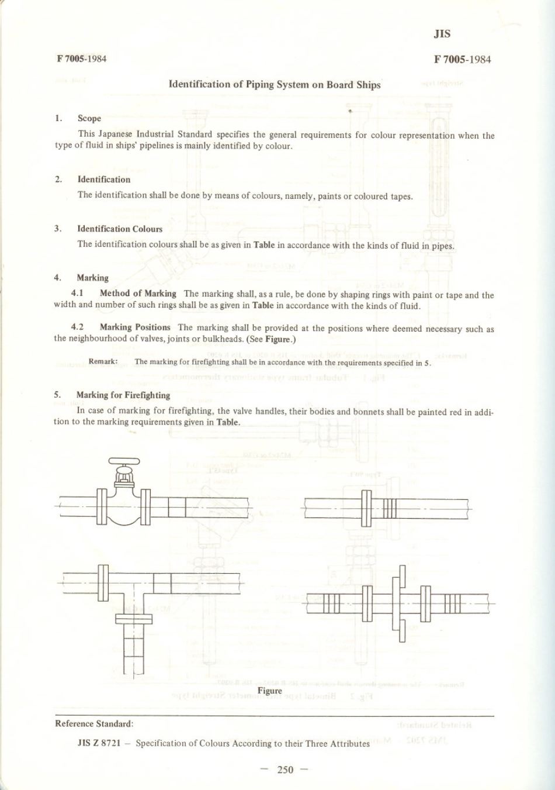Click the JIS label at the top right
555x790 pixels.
pos(442,34)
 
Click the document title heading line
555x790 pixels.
pos(275,84)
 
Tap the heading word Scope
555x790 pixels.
pos(89,118)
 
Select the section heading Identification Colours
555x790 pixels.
pos(120,229)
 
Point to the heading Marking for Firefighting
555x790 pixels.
pos(123,395)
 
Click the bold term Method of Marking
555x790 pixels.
pos(138,294)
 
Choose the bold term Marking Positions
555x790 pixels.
pos(135,327)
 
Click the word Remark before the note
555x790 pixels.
pos(103,361)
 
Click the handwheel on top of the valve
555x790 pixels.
pos(124,460)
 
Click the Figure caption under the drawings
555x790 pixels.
pos(270,691)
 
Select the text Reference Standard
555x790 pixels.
pos(94,724)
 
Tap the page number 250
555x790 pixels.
pos(285,770)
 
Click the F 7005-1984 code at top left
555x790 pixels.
pos(81,58)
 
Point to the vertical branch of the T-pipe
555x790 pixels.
pos(134,643)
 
